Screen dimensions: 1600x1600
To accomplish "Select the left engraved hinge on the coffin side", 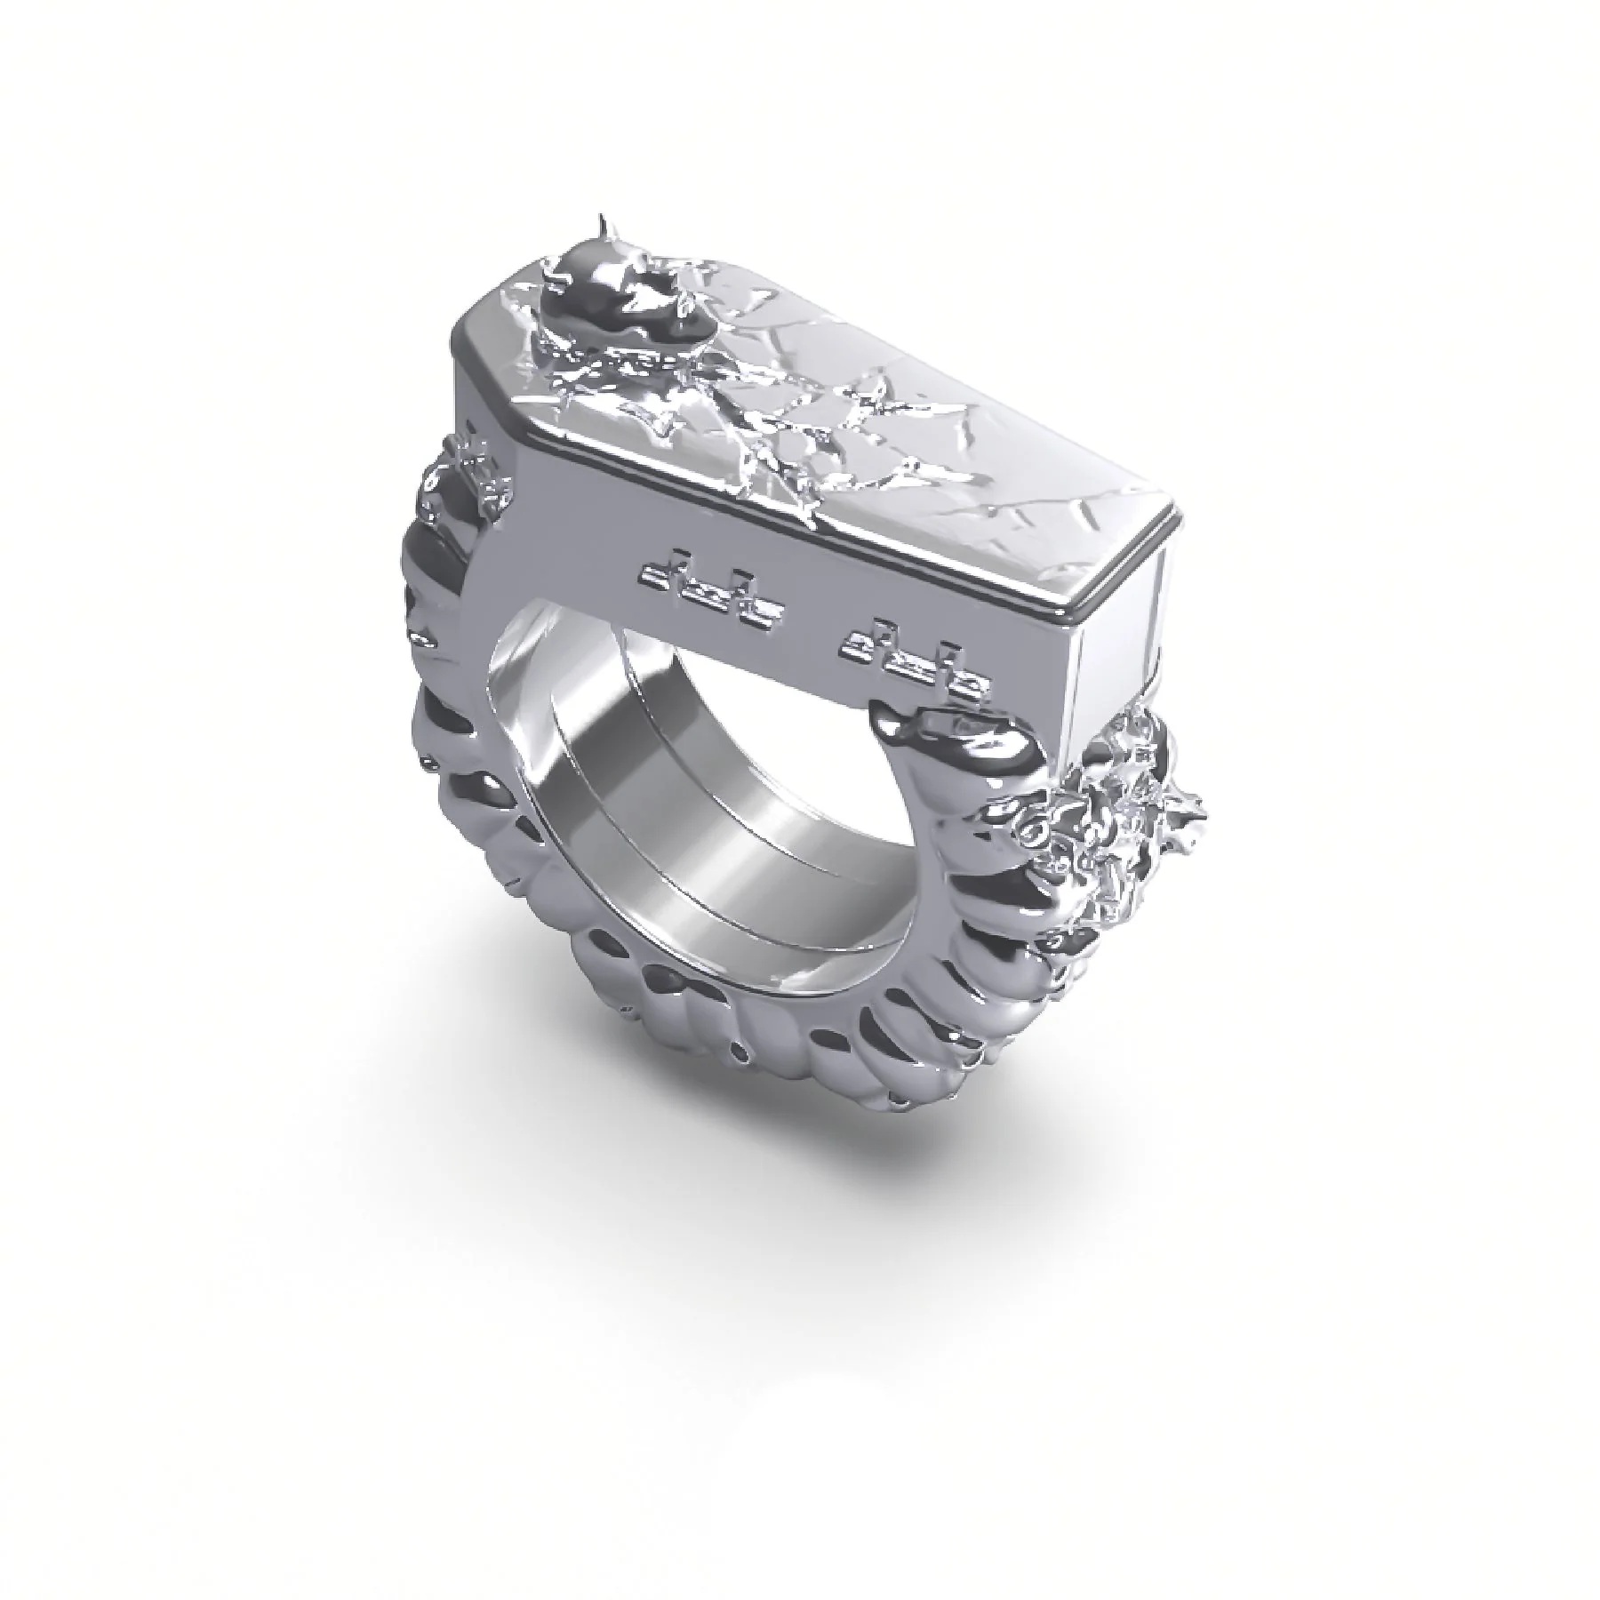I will point(711,588).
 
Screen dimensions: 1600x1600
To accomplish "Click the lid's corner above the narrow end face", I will point(1156,524).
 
